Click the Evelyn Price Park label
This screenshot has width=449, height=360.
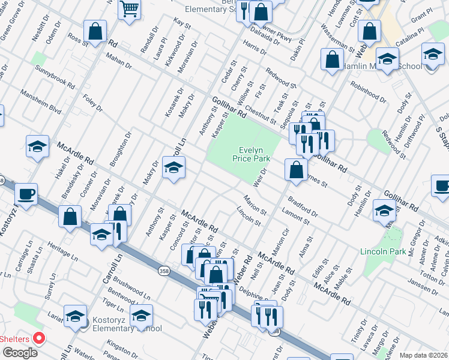(251, 154)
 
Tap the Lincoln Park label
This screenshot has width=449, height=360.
(379, 251)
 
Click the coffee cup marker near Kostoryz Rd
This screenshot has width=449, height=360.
(26, 194)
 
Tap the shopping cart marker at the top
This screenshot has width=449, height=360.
(129, 10)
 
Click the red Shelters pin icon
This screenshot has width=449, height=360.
(40, 338)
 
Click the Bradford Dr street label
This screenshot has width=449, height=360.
(303, 205)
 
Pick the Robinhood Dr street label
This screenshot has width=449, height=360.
(367, 90)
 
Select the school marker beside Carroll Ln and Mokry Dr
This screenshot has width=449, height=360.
(173, 167)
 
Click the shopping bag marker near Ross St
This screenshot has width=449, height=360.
(95, 31)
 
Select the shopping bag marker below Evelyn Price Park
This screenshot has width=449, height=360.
(296, 169)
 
